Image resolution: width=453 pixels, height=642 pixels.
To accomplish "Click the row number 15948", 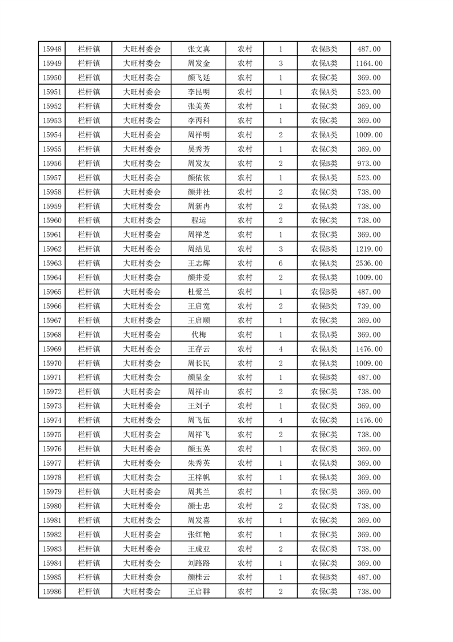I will coord(52,49).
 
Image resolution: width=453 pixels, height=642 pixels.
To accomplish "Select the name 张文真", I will coord(199,49).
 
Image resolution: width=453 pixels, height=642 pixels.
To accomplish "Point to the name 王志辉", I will coord(199,263).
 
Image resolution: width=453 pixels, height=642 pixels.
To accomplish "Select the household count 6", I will coord(280,263).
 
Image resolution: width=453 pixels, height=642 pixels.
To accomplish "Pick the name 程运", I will coord(199,220).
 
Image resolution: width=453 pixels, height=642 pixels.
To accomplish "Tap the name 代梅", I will coord(199,335).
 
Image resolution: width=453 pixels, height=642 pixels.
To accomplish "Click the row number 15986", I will coord(52,592).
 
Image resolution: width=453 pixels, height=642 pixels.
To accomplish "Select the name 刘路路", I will coord(199,563).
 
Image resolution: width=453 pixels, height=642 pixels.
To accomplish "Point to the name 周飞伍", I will coord(199,421).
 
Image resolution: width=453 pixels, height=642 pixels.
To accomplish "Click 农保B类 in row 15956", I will coord(324,164).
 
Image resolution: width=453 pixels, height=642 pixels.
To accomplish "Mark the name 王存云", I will coord(199,349).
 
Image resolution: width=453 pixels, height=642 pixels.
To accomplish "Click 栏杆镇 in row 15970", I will coord(89,363).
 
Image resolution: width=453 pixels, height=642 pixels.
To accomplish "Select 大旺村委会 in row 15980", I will coord(142,506).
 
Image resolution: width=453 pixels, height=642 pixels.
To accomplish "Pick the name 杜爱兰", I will coord(199,292).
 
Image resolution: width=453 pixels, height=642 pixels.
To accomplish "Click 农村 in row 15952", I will coord(245,106).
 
